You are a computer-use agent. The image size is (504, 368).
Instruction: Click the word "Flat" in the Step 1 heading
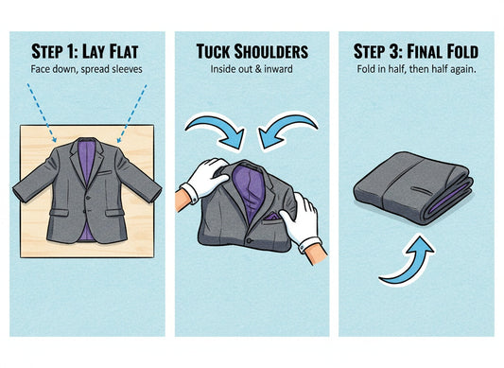(127, 50)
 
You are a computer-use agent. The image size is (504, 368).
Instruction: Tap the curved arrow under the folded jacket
(406, 258)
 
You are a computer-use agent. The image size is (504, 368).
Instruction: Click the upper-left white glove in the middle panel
(204, 176)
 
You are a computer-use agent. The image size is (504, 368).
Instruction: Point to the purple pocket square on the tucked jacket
(271, 216)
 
